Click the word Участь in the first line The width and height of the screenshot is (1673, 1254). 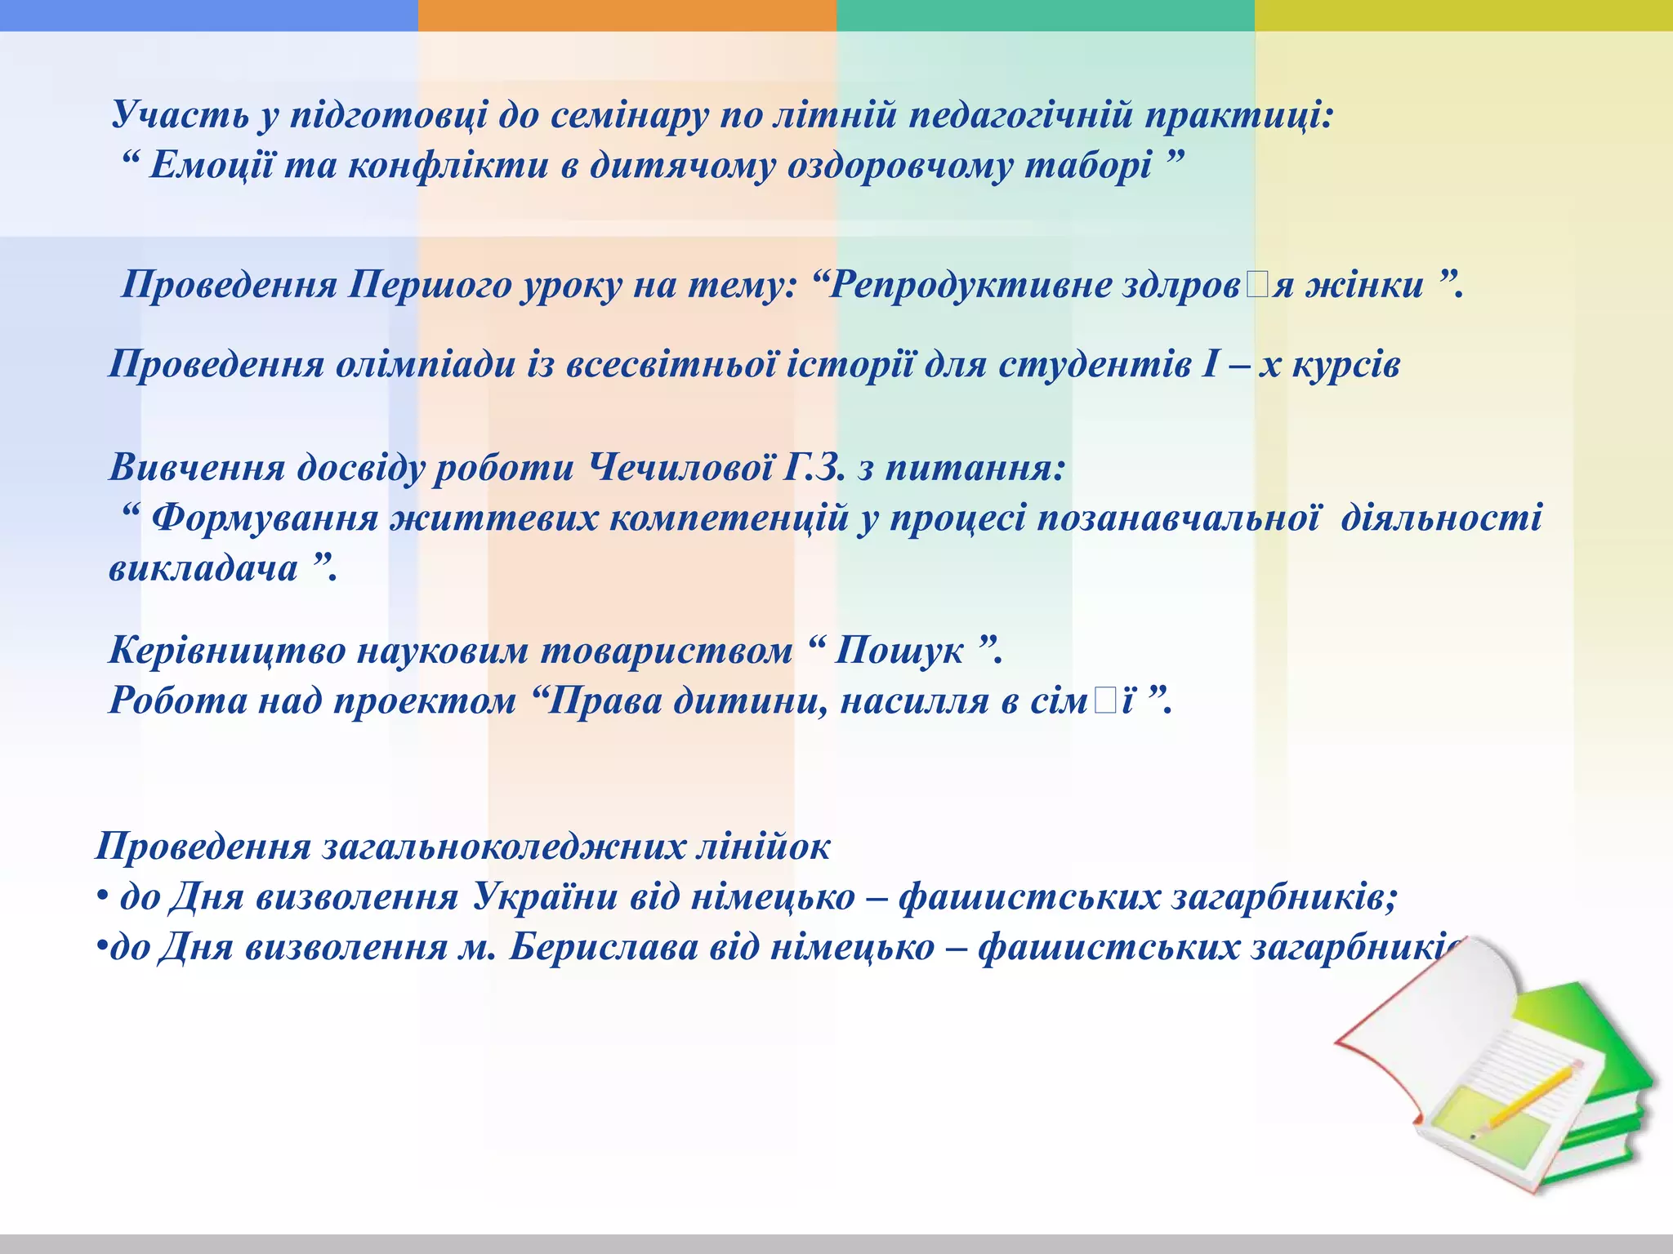tap(181, 115)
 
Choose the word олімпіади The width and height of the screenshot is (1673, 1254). tap(426, 365)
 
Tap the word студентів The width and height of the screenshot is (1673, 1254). tap(1095, 365)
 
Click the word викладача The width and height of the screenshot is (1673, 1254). tap(203, 568)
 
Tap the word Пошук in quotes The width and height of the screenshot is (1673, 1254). tap(898, 651)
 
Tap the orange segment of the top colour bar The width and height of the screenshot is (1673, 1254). tap(627, 15)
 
